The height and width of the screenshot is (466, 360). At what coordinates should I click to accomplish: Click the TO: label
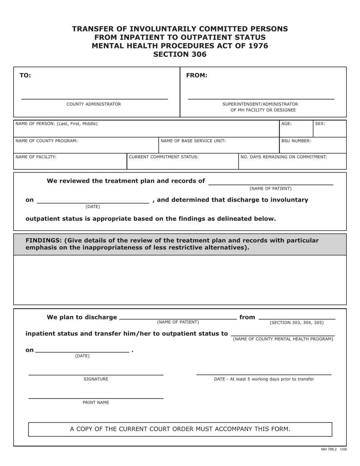(x=25, y=75)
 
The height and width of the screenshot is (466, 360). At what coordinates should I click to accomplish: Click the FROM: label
(x=197, y=75)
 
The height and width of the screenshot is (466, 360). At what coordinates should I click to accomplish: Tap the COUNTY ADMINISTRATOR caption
(x=94, y=104)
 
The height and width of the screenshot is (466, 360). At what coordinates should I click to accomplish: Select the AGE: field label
(x=286, y=124)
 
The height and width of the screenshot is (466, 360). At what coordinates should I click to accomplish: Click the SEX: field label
(x=320, y=124)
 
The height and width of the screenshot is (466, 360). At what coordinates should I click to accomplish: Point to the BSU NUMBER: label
(x=296, y=141)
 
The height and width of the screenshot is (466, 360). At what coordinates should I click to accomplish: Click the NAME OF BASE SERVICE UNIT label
(x=193, y=141)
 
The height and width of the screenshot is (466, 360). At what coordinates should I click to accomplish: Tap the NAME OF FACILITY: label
(x=36, y=157)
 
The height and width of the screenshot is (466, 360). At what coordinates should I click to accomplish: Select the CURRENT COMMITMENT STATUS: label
(x=163, y=157)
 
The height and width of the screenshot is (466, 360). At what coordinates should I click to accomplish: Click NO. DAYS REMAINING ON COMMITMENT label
(x=284, y=157)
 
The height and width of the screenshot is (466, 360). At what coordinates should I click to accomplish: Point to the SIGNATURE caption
(x=96, y=379)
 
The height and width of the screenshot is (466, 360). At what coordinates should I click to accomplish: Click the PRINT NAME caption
(x=96, y=403)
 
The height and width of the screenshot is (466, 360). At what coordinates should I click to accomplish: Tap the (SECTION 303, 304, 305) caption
(x=297, y=323)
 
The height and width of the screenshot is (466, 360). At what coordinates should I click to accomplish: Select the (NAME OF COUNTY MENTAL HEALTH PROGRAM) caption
(x=283, y=339)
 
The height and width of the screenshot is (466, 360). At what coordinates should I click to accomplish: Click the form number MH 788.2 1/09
(x=333, y=449)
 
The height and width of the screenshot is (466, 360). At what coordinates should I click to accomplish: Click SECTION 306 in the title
(x=180, y=55)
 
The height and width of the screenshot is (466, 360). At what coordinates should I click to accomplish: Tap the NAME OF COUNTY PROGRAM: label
(x=46, y=141)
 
